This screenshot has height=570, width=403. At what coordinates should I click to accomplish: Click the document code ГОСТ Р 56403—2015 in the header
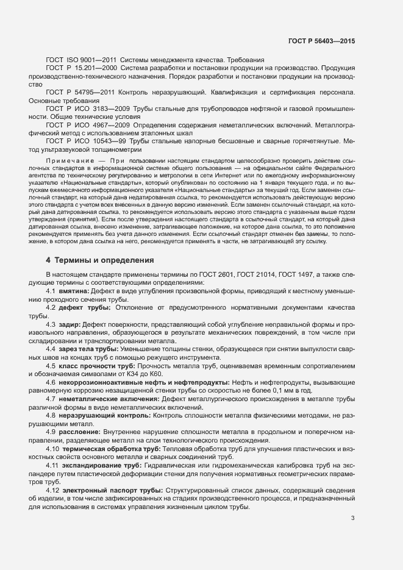click(x=321, y=41)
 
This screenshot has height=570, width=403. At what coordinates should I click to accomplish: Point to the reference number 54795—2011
click(x=99, y=93)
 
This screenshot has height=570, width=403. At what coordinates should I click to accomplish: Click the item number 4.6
click(x=52, y=382)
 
